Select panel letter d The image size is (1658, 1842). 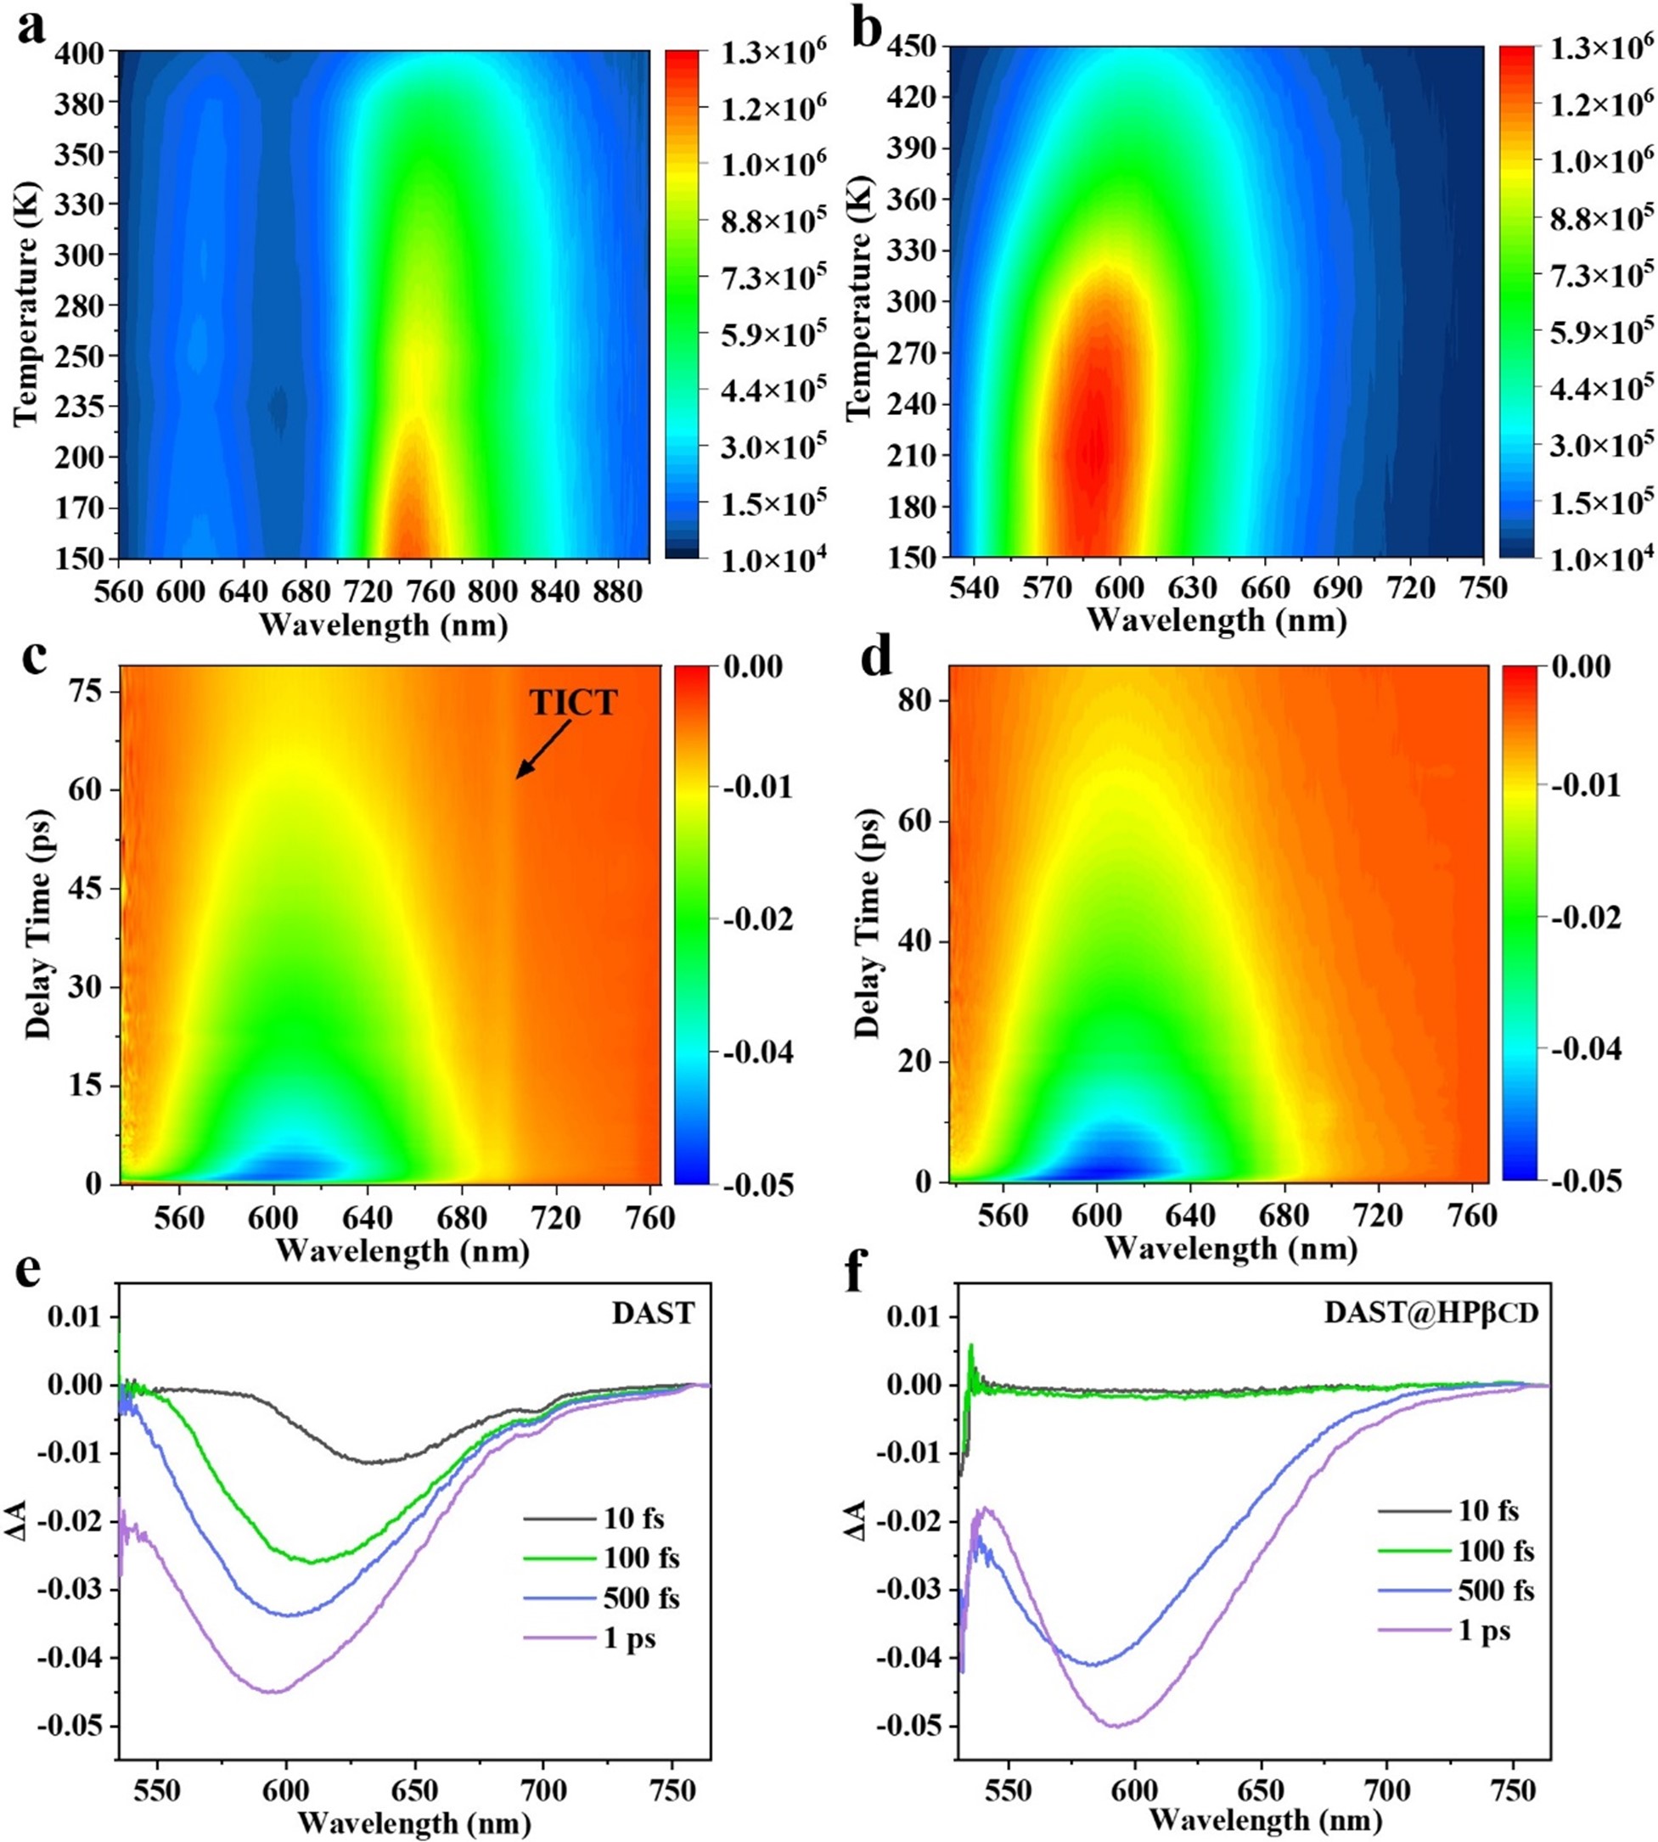click(876, 657)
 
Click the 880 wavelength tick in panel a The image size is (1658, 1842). click(616, 592)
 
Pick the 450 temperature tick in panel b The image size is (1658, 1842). click(912, 47)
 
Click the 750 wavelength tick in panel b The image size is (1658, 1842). click(1483, 587)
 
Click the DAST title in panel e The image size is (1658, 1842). click(653, 1312)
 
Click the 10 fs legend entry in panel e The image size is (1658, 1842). click(633, 1519)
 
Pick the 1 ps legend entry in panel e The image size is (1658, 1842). click(629, 1639)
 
